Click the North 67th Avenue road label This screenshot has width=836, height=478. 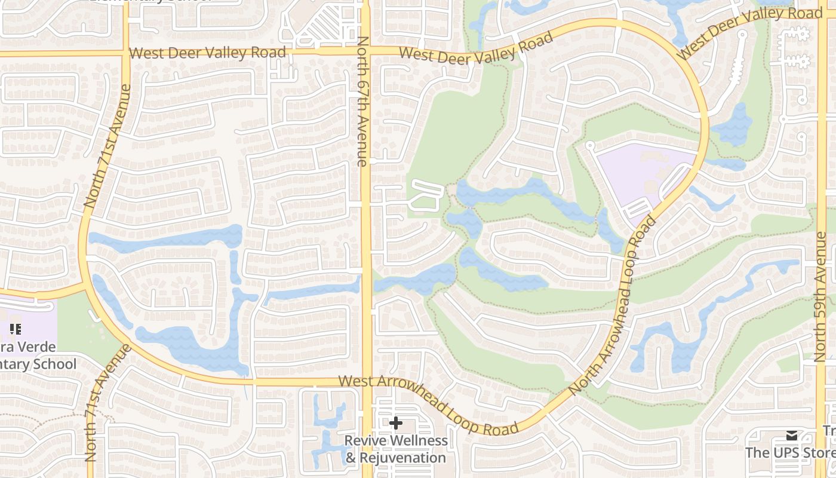(362, 100)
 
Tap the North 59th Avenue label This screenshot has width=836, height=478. (821, 296)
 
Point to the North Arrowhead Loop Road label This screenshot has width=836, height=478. (613, 305)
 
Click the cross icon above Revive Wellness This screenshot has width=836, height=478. (395, 424)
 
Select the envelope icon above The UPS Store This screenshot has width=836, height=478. (791, 436)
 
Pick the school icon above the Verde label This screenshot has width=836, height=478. (16, 329)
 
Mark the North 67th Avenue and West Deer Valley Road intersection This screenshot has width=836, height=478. (366, 51)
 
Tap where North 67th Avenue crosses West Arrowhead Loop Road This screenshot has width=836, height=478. (367, 382)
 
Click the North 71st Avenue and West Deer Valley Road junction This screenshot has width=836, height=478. (126, 54)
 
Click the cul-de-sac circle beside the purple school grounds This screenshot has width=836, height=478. (589, 145)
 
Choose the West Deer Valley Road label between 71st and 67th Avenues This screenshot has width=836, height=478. (207, 53)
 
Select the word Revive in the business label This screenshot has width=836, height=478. (364, 441)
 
